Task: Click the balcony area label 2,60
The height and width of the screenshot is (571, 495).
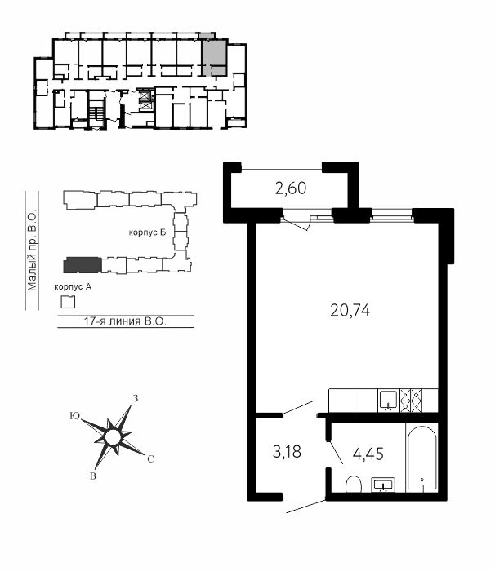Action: (291, 188)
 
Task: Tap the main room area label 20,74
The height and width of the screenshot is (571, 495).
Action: (350, 311)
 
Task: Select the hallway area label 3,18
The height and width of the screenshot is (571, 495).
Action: (287, 452)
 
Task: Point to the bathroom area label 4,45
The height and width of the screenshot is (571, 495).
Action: (368, 454)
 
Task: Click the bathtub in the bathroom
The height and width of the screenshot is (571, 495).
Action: (421, 458)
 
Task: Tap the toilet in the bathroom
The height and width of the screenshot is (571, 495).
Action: (353, 484)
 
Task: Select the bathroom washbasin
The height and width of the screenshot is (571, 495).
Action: (383, 485)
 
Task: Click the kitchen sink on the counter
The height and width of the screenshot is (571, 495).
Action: (389, 401)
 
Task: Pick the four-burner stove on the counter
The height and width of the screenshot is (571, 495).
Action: (412, 401)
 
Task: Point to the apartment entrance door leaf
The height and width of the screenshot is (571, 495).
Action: (305, 507)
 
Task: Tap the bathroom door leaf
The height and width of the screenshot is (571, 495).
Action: (336, 452)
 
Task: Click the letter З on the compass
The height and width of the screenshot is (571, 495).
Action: (136, 399)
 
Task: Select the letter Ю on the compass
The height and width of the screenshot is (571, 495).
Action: (75, 416)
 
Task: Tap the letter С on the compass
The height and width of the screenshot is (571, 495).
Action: (150, 459)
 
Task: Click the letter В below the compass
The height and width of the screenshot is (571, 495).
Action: (93, 476)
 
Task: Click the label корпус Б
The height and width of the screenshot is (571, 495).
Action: (147, 232)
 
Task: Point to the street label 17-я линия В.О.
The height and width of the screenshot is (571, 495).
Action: (125, 321)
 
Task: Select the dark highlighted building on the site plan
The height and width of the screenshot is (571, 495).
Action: (82, 265)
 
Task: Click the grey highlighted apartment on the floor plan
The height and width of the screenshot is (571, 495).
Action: (214, 55)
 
